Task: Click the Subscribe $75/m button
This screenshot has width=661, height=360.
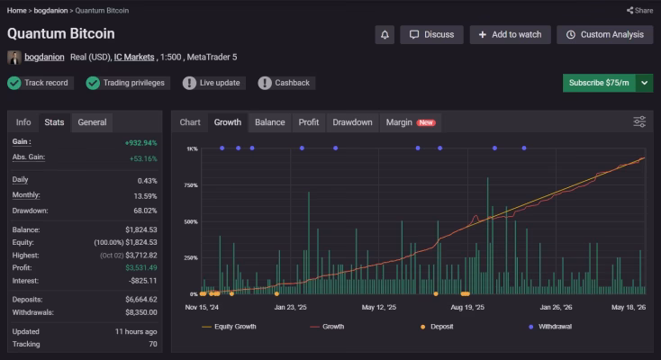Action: click(599, 83)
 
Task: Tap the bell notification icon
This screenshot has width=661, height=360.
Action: click(385, 34)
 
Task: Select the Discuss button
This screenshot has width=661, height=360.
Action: click(431, 34)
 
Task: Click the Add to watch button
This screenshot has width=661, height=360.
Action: click(510, 34)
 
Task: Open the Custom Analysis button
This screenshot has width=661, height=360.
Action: click(604, 34)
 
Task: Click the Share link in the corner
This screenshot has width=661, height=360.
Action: click(639, 11)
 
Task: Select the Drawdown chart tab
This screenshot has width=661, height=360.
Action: click(352, 122)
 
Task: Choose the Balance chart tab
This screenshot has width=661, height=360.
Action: click(270, 122)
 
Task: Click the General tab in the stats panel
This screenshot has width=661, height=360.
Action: click(92, 122)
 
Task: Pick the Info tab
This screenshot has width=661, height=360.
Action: click(23, 122)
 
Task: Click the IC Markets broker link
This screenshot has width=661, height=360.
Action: click(134, 57)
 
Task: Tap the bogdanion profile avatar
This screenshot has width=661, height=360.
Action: click(14, 58)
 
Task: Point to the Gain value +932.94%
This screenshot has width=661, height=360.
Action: click(140, 143)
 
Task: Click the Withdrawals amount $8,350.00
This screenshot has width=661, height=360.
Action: click(140, 312)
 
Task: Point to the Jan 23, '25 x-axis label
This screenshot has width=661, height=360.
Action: click(291, 307)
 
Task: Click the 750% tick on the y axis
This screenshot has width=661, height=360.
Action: click(191, 185)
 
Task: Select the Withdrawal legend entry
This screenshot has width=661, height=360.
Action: click(550, 327)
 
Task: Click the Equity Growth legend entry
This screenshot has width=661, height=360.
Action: click(229, 327)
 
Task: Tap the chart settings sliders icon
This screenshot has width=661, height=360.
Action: click(639, 121)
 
